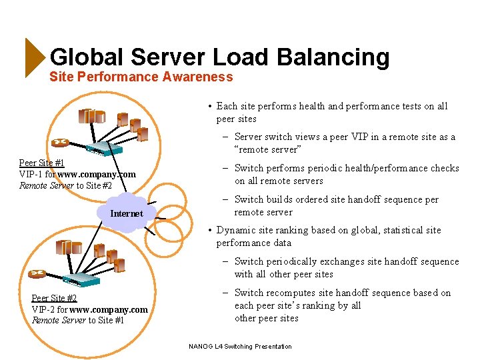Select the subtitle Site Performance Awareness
141,77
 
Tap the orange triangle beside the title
34,57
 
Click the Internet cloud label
126,213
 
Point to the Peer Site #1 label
41,163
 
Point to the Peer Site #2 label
54,298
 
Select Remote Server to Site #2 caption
65,185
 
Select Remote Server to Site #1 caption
78,321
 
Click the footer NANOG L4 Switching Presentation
240,346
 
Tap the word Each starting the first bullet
227,106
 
